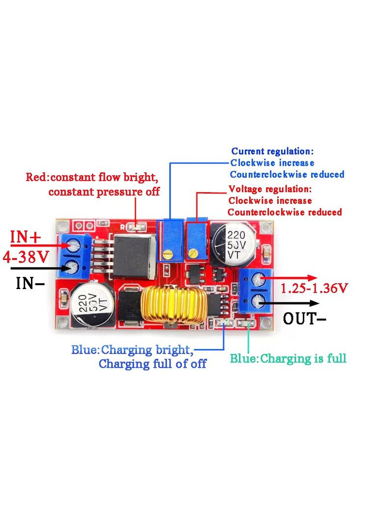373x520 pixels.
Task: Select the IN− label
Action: tap(30, 283)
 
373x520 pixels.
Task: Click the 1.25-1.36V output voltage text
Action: tap(315, 288)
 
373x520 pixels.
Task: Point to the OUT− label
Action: tap(305, 319)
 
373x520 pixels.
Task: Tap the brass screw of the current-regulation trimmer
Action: tap(169, 255)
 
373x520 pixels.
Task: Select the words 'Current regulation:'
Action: tap(272, 151)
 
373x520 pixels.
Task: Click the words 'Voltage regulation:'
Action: tap(270, 189)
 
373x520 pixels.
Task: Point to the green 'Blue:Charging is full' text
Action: tap(288, 358)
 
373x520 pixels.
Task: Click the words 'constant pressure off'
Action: tap(104, 192)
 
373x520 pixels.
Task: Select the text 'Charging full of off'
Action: tap(152, 364)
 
